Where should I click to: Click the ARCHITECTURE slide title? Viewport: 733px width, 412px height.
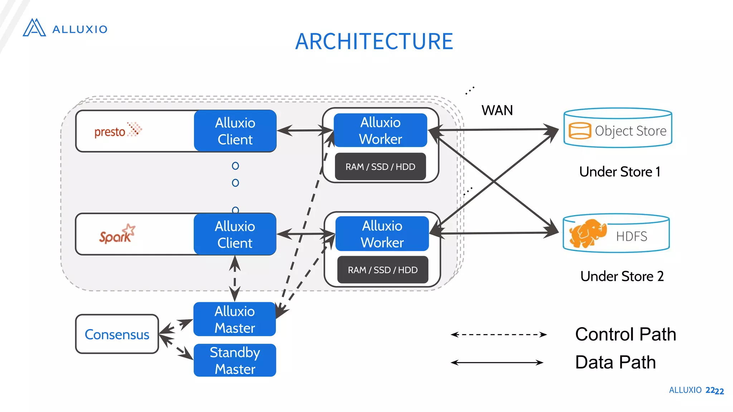pyautogui.click(x=374, y=41)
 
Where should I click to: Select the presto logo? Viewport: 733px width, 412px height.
pyautogui.click(x=117, y=131)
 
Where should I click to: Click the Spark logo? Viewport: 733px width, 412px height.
pyautogui.click(x=117, y=234)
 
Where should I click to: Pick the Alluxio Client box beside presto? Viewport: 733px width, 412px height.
pyautogui.click(x=235, y=131)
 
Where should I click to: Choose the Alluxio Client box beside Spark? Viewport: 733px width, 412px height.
pyautogui.click(x=235, y=234)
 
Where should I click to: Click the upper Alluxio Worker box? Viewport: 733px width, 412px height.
pyautogui.click(x=380, y=131)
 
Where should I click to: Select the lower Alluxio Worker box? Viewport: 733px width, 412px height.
pyautogui.click(x=382, y=234)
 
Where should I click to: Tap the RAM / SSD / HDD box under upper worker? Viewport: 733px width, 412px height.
pyautogui.click(x=380, y=167)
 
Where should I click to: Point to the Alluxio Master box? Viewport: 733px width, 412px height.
pyautogui.click(x=234, y=319)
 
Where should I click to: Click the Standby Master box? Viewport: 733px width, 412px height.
pyautogui.click(x=235, y=360)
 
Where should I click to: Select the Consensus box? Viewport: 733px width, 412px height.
pyautogui.click(x=117, y=334)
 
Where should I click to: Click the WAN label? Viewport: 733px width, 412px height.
pyautogui.click(x=497, y=110)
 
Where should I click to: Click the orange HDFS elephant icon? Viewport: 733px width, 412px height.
pyautogui.click(x=587, y=233)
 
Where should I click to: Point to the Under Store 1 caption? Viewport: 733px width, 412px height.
pyautogui.click(x=620, y=172)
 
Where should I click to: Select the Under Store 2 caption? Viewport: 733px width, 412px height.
pyautogui.click(x=622, y=276)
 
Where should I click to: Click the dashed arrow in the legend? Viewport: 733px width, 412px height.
pyautogui.click(x=499, y=335)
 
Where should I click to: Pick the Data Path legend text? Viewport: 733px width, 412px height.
pyautogui.click(x=615, y=362)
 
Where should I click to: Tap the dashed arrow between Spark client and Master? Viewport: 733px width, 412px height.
pyautogui.click(x=234, y=279)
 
